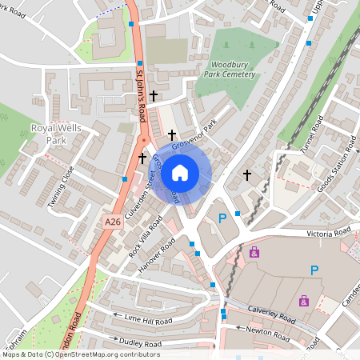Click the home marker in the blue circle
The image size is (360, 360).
coord(180,172)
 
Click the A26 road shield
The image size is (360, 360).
coord(113,218)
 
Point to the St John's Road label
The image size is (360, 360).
coord(141,92)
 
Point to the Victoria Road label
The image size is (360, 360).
coord(329,233)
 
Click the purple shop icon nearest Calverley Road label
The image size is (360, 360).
coord(303,301)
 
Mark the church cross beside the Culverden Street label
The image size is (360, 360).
coord(142,158)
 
